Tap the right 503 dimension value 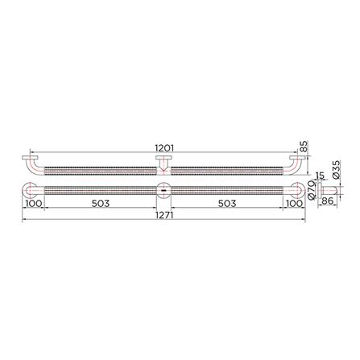tap(228, 203)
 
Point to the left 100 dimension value tap(33, 203)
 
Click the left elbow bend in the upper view tap(31, 166)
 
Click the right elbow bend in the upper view tap(295, 166)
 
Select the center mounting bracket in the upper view tap(163, 163)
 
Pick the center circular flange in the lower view tap(163, 191)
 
